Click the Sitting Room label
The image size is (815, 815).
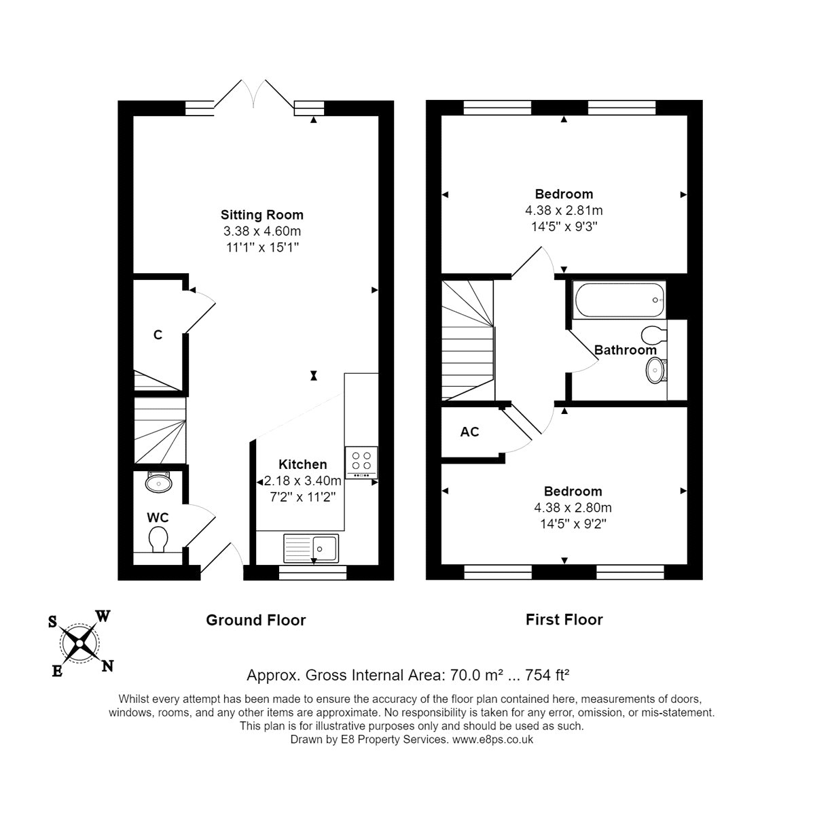click(x=261, y=215)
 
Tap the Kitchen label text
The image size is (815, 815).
click(x=302, y=464)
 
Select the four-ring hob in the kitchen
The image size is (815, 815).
click(x=361, y=462)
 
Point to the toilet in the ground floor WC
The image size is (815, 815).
click(x=158, y=539)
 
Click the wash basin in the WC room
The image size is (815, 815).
click(x=159, y=482)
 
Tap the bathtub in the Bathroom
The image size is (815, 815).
click(x=618, y=300)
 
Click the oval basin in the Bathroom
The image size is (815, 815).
click(x=656, y=370)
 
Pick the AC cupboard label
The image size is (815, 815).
click(x=469, y=432)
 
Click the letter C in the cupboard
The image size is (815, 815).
click(x=158, y=335)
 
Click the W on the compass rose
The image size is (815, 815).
click(x=103, y=616)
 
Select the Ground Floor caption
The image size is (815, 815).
click(x=255, y=620)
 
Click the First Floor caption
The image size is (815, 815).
click(x=564, y=620)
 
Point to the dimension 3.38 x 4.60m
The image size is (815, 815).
click(x=261, y=231)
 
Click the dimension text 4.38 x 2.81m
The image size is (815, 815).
click(x=564, y=211)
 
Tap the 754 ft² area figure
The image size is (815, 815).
click(x=547, y=675)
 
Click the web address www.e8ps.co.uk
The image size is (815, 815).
click(x=492, y=740)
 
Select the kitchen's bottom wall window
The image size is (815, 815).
click(x=312, y=572)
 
